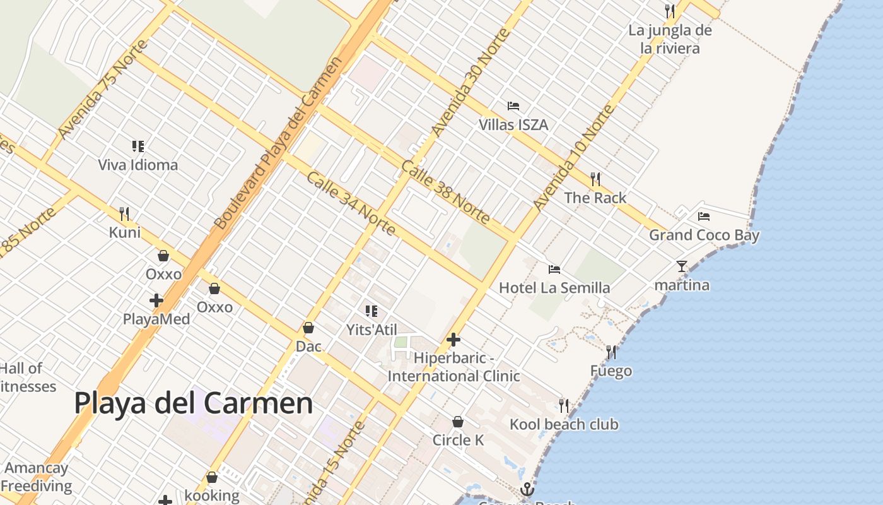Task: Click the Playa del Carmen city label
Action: pyautogui.click(x=193, y=403)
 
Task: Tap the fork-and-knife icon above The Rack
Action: pyautogui.click(x=595, y=179)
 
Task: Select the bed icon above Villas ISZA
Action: pyautogui.click(x=513, y=106)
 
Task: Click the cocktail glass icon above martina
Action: pyautogui.click(x=681, y=266)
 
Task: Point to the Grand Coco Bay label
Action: pyautogui.click(x=704, y=235)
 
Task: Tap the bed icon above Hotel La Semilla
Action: pyautogui.click(x=554, y=270)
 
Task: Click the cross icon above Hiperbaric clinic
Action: pyautogui.click(x=453, y=340)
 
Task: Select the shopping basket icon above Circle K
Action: pyautogui.click(x=458, y=422)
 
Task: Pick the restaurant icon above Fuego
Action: pyautogui.click(x=611, y=352)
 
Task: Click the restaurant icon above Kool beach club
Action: pyautogui.click(x=564, y=405)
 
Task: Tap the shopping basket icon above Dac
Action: pyautogui.click(x=308, y=328)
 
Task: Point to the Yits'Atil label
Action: pyautogui.click(x=371, y=330)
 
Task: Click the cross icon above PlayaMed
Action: pyautogui.click(x=156, y=300)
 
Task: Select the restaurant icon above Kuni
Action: pyautogui.click(x=124, y=214)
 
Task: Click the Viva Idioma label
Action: pyautogui.click(x=138, y=165)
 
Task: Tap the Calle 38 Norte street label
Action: pyautogui.click(x=445, y=192)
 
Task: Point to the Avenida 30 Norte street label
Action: pyautogui.click(x=470, y=82)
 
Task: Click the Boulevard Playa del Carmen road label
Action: pyautogui.click(x=278, y=144)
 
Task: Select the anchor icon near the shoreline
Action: pyautogui.click(x=527, y=489)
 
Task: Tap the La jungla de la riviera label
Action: pyautogui.click(x=670, y=39)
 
